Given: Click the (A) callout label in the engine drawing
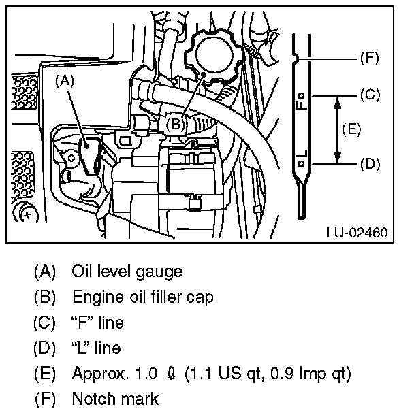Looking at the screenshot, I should point(65,80).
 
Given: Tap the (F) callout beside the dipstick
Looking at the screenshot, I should point(368,59).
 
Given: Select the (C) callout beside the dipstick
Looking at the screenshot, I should point(368,95).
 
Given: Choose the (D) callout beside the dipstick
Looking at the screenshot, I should point(368,164).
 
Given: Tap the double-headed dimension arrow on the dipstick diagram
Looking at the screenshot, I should point(336,129).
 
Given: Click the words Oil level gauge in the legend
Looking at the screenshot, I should point(127,272).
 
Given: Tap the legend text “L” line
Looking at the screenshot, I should point(96,348).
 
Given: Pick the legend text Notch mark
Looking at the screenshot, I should point(115,399).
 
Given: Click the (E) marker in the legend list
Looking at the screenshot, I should point(44,374).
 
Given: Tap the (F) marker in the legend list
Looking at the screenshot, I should point(44,399).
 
